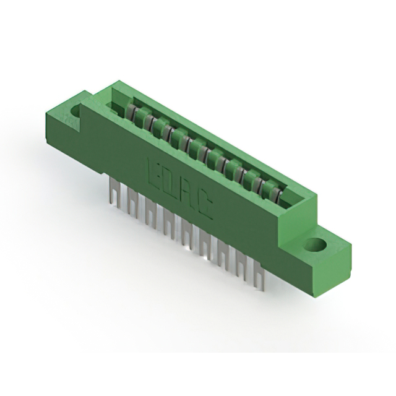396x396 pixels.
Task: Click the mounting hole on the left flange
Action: click(77, 111)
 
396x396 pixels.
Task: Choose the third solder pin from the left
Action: click(149, 210)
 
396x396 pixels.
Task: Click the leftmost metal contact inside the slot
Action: click(132, 112)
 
